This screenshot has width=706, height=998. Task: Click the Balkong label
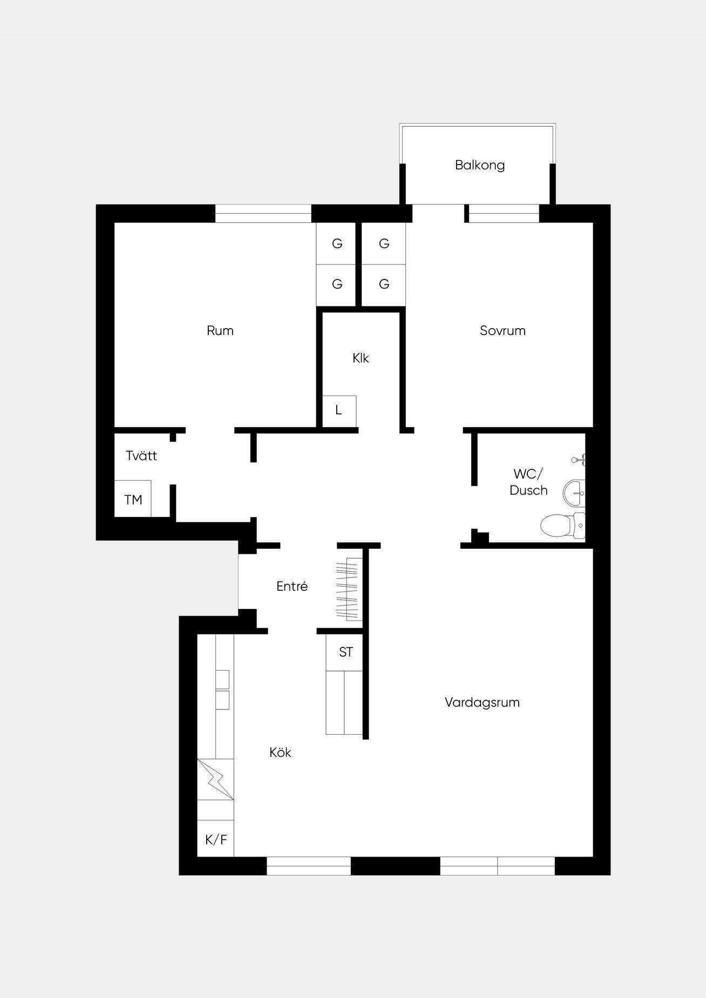click(480, 165)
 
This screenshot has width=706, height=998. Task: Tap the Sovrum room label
click(503, 331)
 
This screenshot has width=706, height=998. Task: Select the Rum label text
click(220, 331)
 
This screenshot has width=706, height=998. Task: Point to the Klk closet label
click(361, 358)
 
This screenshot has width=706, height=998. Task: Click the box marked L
click(340, 411)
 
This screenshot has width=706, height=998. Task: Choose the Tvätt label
click(141, 456)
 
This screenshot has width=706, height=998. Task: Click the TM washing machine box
click(133, 499)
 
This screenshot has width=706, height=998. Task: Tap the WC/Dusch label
click(528, 482)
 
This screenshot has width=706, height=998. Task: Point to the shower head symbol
click(579, 460)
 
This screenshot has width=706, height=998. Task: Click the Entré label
click(292, 586)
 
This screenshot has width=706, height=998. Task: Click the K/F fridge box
click(215, 840)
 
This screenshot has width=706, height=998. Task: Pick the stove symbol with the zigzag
click(215, 780)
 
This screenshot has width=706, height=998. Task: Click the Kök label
click(280, 753)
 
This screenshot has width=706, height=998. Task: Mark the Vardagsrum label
click(482, 702)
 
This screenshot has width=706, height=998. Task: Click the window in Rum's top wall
click(263, 214)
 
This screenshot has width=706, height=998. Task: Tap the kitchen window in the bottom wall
click(309, 866)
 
